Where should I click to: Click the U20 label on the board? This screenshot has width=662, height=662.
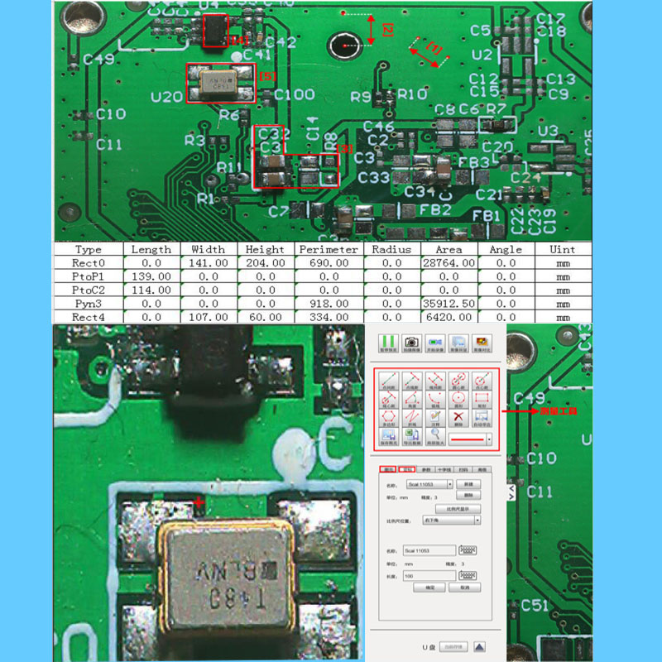click(166, 97)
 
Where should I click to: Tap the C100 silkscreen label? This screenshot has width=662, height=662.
click(294, 94)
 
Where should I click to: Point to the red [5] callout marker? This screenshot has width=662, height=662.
click(266, 76)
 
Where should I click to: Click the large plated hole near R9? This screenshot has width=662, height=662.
click(343, 45)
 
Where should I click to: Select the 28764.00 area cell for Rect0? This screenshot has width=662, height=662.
click(449, 262)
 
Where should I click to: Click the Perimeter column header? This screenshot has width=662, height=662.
click(329, 249)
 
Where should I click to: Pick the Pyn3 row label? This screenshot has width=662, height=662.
click(88, 304)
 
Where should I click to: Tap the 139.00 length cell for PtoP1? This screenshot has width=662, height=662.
click(151, 276)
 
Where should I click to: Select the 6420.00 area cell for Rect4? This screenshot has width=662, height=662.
click(449, 317)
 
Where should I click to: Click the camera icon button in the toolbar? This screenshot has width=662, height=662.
click(411, 342)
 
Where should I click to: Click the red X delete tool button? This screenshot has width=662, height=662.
click(458, 418)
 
